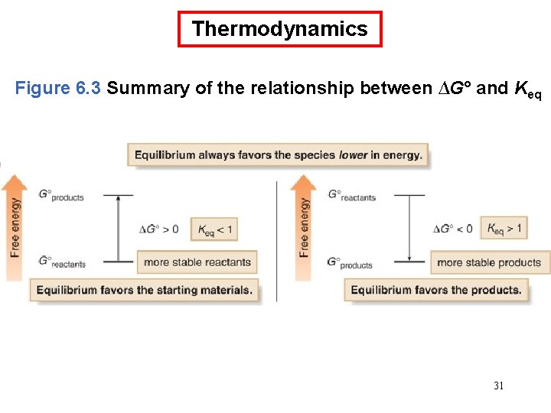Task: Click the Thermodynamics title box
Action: point(279,29)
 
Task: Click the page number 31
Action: point(498,385)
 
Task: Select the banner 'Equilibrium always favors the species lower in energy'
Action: point(278,155)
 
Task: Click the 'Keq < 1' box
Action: point(214,229)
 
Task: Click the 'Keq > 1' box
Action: point(504,228)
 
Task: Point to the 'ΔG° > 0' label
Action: point(159,229)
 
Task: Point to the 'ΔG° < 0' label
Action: point(453,229)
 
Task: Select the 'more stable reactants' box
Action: point(197,262)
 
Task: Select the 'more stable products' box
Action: point(489,262)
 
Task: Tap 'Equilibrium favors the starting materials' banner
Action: point(144,291)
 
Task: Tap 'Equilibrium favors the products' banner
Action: point(436,291)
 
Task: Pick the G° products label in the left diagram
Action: point(60,196)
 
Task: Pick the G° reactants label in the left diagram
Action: point(62,262)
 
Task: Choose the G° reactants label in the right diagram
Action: point(352,196)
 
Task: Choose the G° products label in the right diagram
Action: point(350,262)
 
